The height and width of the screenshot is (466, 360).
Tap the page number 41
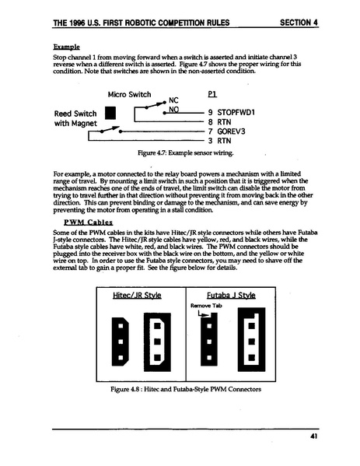[313, 437]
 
